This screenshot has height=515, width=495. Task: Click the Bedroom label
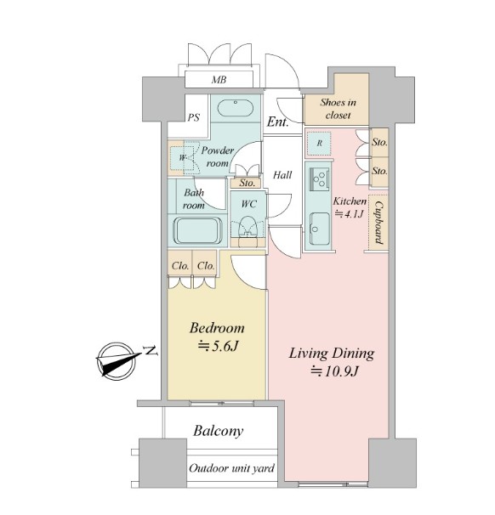pos(217,328)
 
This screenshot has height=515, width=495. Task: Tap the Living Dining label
pos(332,354)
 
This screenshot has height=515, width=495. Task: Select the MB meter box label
pos(219,80)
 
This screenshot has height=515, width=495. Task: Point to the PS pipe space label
pos(194,117)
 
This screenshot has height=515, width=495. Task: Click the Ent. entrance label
pos(278,122)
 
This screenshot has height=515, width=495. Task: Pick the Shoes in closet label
pos(338,109)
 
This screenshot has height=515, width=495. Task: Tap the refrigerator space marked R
pos(319,144)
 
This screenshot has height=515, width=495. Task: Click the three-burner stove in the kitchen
pos(319,178)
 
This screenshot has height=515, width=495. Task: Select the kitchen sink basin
pos(320,229)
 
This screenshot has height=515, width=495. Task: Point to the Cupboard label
pos(378,223)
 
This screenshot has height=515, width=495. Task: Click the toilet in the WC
pos(247,227)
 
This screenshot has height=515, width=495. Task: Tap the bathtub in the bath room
pos(197,230)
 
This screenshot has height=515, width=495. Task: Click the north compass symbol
pos(118,361)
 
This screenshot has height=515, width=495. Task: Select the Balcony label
pos(219,431)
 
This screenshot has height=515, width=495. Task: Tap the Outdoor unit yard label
pos(231,468)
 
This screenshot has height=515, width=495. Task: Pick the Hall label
pos(282,175)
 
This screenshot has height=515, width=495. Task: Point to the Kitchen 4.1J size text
pos(350,207)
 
